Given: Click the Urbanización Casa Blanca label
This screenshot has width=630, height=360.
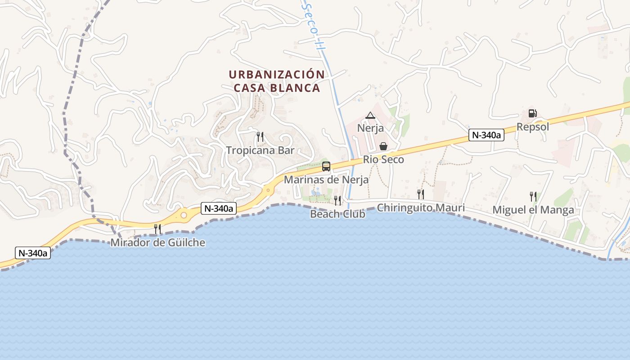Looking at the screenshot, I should [x=276, y=81].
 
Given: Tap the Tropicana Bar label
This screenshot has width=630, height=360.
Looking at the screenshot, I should [x=260, y=150].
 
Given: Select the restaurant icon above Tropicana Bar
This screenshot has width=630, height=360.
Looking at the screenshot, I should [x=260, y=137].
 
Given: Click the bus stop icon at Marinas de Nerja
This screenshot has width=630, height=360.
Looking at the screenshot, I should [x=326, y=166].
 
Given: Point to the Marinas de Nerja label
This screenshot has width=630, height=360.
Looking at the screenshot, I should [x=326, y=180].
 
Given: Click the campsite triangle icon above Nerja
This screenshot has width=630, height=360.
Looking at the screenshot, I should [x=370, y=116].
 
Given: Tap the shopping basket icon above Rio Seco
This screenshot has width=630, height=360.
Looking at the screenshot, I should [x=383, y=146].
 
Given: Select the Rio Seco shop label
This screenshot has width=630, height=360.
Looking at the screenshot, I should [x=383, y=159].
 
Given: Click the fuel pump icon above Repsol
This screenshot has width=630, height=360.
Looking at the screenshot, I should [x=532, y=113].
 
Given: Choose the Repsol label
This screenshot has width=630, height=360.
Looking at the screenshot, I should [x=533, y=127].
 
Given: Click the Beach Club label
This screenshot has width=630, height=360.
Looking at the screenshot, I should [x=337, y=214].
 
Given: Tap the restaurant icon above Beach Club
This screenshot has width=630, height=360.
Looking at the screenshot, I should [x=337, y=200].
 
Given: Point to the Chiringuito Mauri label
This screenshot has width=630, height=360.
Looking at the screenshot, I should [x=421, y=208].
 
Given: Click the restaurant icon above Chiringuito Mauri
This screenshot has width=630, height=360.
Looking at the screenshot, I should [x=421, y=194].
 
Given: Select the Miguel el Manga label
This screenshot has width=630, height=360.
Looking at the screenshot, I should [x=533, y=210].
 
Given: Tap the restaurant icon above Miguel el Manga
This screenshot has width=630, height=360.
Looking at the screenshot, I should [x=533, y=196].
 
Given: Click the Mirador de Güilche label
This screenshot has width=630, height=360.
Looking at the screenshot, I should [x=158, y=243].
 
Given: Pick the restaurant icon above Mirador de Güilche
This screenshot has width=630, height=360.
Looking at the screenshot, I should [x=157, y=229].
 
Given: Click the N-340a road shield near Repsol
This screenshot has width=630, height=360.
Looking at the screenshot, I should [x=486, y=135].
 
